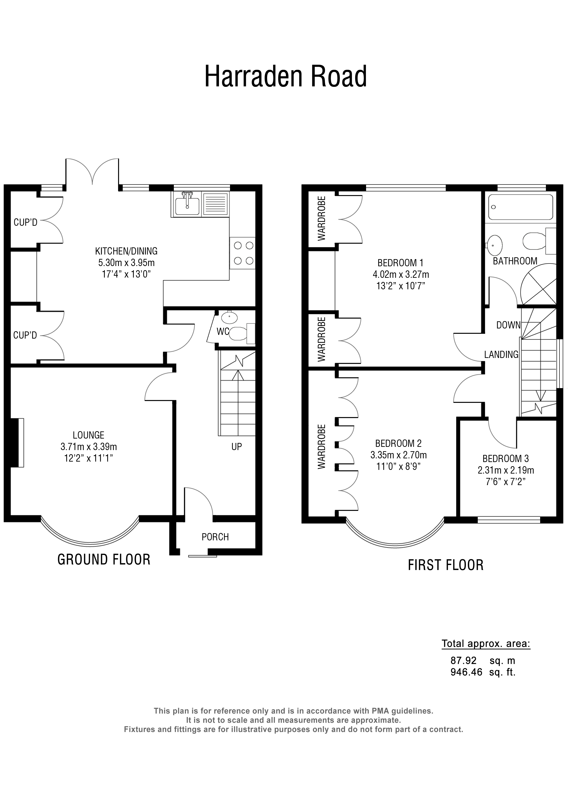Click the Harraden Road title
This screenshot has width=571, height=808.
click(x=285, y=76)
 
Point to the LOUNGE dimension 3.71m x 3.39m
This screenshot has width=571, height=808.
click(x=89, y=447)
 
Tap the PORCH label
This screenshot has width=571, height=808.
click(x=215, y=537)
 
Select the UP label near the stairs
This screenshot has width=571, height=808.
click(x=236, y=447)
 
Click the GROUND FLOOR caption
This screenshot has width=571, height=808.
click(x=104, y=559)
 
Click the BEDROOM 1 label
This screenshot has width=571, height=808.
click(x=400, y=263)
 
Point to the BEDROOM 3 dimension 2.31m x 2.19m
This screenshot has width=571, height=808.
click(x=506, y=470)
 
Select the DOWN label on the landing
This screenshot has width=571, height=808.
click(x=508, y=325)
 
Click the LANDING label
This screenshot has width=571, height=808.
click(x=501, y=355)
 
